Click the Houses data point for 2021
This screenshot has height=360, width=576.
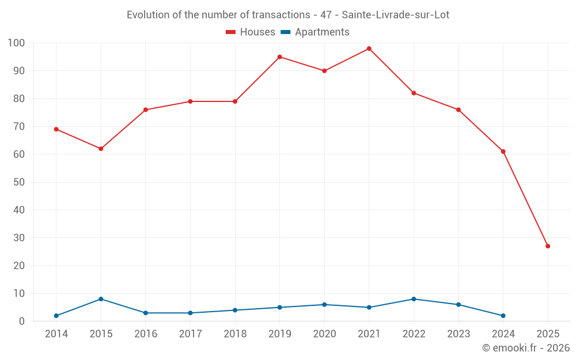(369, 48)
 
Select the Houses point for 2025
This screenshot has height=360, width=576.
(548, 246)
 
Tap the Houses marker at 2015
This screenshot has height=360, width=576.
(101, 149)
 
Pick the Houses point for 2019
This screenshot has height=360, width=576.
(280, 57)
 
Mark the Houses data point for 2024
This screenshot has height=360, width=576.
(503, 151)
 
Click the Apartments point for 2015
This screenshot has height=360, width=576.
(101, 299)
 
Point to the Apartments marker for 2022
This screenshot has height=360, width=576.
(414, 299)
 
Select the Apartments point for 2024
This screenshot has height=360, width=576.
(503, 316)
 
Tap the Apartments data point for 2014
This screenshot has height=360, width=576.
(56, 316)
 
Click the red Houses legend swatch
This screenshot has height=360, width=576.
(231, 32)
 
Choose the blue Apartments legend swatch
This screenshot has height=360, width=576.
(286, 32)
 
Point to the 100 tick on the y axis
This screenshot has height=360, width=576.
(16, 43)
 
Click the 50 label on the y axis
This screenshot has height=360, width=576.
(18, 182)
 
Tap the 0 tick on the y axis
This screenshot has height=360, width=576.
(22, 321)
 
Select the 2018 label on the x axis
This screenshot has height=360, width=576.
(235, 334)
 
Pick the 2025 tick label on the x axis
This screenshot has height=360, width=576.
(548, 334)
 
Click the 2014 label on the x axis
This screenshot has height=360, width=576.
(56, 334)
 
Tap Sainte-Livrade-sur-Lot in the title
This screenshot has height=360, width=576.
(396, 15)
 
